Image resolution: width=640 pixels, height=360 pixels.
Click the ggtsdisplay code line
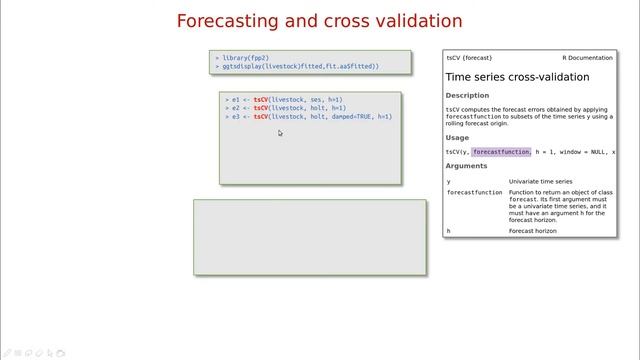[x=300, y=66]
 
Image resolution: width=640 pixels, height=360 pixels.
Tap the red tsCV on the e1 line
[x=261, y=100]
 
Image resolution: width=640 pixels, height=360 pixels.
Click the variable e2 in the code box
[x=235, y=108]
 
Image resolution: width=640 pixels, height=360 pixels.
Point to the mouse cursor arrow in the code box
[x=280, y=132]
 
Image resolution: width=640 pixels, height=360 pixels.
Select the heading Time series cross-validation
[x=517, y=77]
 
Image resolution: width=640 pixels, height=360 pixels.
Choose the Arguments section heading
[x=467, y=166]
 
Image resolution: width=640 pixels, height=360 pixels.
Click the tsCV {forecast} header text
[x=469, y=58]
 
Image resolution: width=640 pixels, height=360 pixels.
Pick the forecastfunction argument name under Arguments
[x=474, y=192]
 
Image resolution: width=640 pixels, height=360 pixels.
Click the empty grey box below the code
[x=309, y=237]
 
